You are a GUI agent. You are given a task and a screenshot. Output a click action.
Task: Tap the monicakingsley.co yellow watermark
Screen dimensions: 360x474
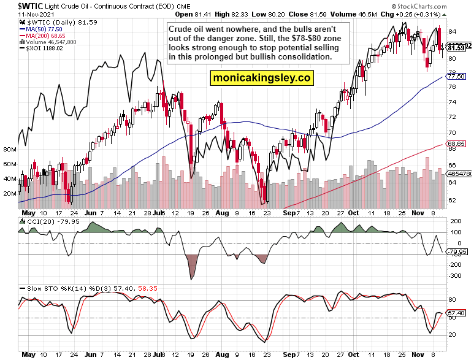[x=261, y=78]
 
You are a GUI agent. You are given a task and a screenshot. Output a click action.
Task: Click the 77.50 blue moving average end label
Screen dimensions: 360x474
[x=456, y=76]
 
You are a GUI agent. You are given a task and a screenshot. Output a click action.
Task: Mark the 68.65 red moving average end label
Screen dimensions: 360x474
[x=456, y=144]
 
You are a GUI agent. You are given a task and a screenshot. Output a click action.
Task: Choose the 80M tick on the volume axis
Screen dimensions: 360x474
[x=9, y=150]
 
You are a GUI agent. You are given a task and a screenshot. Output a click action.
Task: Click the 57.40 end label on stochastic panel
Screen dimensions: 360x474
[x=456, y=313]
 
